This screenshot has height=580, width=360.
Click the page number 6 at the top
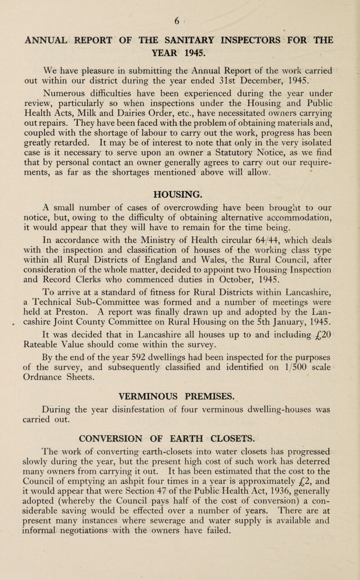click(179, 7)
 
